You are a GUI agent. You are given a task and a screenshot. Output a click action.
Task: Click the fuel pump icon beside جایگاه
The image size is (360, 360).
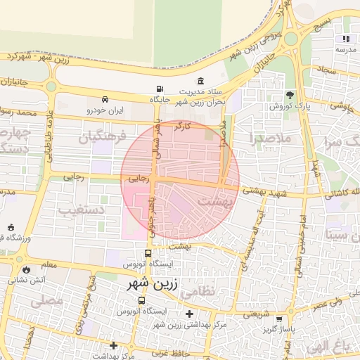coord(160,89)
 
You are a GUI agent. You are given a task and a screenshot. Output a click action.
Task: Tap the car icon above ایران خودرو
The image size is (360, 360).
coord(105,100)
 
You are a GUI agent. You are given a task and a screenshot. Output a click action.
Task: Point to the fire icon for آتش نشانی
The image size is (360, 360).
coord(27,269)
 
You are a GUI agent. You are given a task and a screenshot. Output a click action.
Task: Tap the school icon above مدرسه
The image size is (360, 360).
coord(345,39)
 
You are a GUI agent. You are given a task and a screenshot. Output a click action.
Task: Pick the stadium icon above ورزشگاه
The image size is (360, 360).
coord(11,227)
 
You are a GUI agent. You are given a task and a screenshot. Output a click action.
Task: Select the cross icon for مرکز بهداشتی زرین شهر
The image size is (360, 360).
coord(188,314)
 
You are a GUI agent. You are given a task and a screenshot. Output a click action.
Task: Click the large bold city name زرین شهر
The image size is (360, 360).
coord(154,285)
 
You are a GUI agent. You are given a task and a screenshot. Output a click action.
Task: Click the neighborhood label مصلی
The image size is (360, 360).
coord(47,301)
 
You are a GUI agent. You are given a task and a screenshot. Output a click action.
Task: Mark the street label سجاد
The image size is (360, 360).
coord(328,70)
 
